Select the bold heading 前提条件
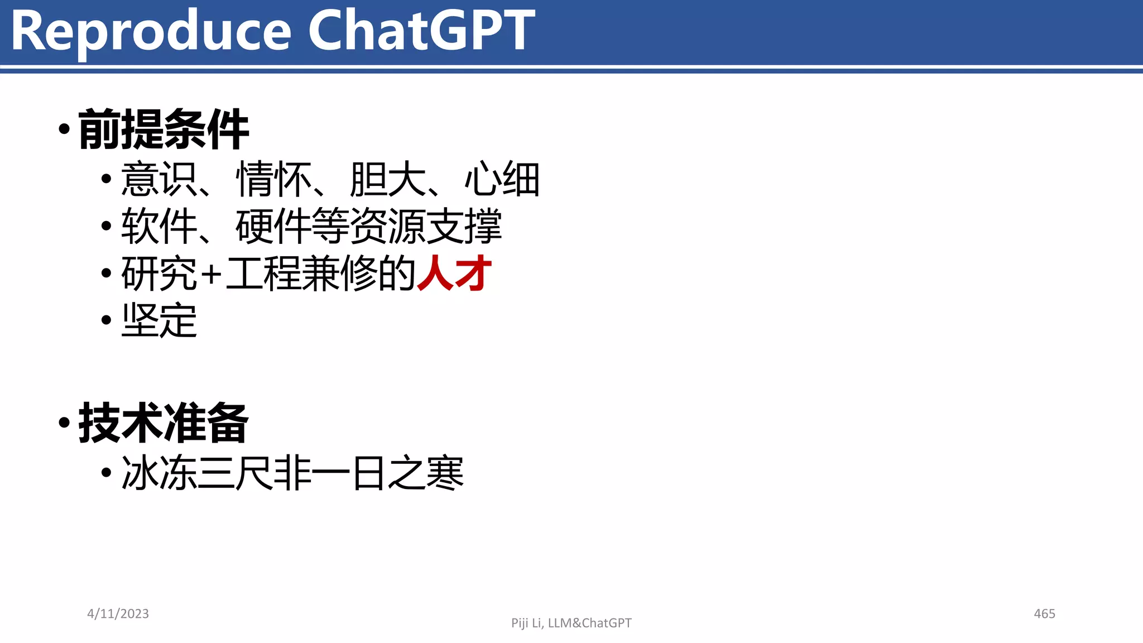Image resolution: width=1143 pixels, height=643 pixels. point(164,129)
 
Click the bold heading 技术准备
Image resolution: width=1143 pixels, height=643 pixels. point(164,423)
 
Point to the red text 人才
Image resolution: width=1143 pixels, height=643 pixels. point(454,273)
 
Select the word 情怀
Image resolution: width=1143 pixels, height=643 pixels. point(274,179)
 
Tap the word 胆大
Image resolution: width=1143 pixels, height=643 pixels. point(388,179)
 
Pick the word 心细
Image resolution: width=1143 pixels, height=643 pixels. point(502,179)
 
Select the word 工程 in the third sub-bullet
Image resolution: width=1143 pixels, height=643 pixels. point(263,273)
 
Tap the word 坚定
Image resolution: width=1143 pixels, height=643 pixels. point(159,320)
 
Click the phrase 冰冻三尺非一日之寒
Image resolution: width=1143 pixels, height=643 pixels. point(292,473)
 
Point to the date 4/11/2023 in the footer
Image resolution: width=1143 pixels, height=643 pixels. point(118,614)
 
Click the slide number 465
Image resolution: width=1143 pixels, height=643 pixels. point(1044,614)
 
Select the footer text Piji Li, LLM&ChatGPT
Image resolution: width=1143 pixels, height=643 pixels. point(571,623)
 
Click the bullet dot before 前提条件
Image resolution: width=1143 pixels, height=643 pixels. point(64,129)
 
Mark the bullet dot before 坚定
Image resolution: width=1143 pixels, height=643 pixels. point(107,320)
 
